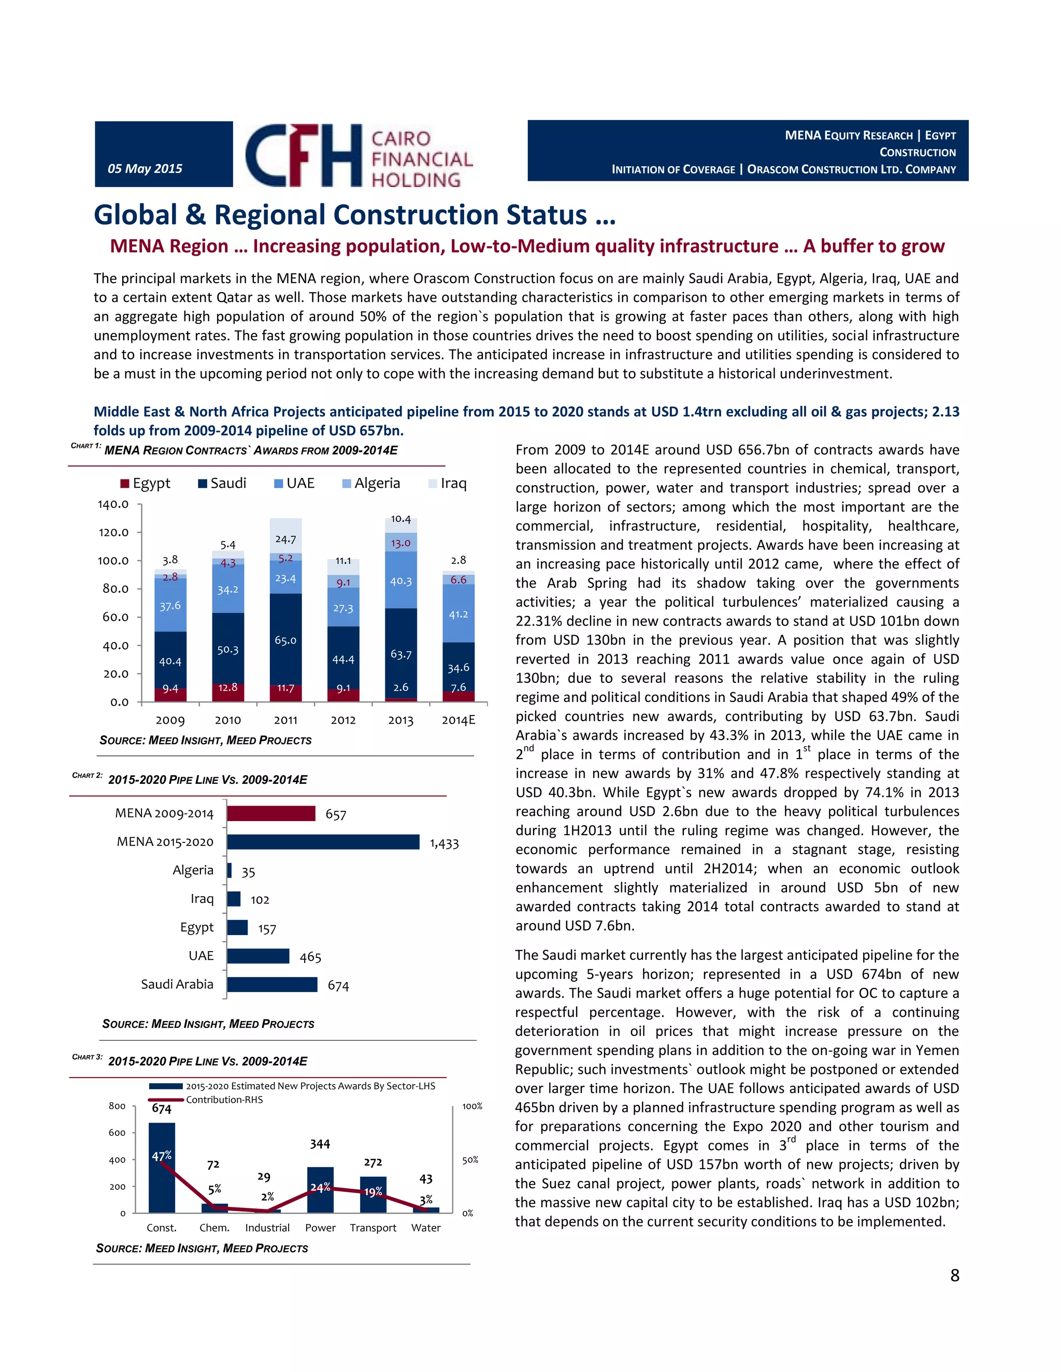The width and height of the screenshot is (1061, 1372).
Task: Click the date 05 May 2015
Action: (145, 168)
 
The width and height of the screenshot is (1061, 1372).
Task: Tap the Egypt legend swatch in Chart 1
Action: (125, 484)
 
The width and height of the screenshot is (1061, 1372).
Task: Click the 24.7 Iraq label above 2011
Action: (285, 539)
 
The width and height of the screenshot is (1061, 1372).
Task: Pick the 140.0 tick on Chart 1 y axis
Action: (113, 504)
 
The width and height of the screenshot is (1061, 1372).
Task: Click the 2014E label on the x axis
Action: (458, 720)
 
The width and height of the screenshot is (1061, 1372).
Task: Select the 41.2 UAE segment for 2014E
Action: (458, 614)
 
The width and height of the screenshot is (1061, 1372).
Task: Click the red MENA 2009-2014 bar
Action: (271, 813)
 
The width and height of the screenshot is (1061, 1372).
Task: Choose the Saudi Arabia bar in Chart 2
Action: (271, 984)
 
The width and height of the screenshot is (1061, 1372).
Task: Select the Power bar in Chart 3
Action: (320, 1189)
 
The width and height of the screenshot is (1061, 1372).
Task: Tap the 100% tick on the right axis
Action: (472, 1106)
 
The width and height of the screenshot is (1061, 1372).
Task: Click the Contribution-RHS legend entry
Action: (224, 1099)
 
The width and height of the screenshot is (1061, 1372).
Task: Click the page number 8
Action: (954, 1275)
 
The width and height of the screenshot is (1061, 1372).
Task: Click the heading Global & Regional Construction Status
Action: (354, 215)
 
